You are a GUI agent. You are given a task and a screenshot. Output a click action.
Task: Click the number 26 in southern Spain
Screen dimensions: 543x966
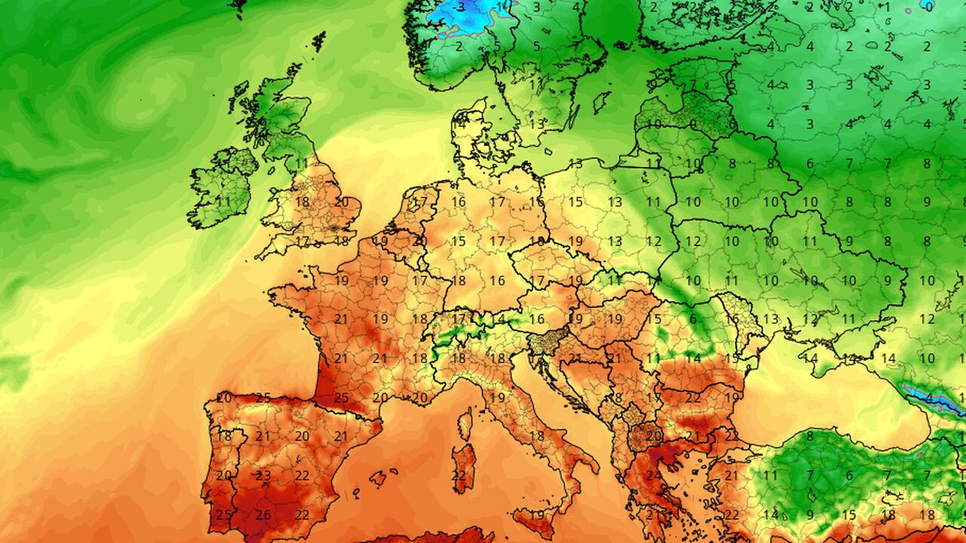click(263, 515)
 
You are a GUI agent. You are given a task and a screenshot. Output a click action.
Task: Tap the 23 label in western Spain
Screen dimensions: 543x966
click(263, 476)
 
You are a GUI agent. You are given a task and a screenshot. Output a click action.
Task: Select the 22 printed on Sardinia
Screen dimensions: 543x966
click(459, 476)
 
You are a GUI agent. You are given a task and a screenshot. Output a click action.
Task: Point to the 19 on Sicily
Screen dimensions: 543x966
click(537, 515)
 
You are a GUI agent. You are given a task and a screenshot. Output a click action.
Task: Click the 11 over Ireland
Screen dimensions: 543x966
click(223, 202)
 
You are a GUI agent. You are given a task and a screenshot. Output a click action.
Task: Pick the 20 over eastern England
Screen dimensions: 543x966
click(342, 202)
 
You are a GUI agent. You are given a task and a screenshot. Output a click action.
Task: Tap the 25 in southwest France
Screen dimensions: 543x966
click(341, 397)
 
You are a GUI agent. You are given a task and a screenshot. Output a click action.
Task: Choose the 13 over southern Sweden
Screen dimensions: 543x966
click(537, 124)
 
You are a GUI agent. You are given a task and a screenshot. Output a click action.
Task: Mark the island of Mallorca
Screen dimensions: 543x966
click(378, 478)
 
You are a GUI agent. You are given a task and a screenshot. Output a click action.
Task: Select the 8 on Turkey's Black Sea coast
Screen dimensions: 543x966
click(810, 436)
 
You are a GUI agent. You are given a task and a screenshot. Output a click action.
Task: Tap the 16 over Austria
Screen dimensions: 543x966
click(537, 319)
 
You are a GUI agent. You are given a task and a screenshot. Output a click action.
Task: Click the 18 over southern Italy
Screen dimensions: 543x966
click(537, 436)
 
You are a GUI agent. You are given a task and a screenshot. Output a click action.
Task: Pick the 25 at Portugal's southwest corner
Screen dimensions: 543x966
click(223, 515)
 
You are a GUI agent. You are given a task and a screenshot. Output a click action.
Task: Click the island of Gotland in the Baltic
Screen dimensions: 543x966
click(601, 101)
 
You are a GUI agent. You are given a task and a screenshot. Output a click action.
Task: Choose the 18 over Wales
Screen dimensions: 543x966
click(303, 202)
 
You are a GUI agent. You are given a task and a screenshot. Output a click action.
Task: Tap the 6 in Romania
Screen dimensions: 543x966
click(693, 319)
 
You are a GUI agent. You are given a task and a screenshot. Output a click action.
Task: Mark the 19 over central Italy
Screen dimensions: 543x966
click(497, 397)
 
